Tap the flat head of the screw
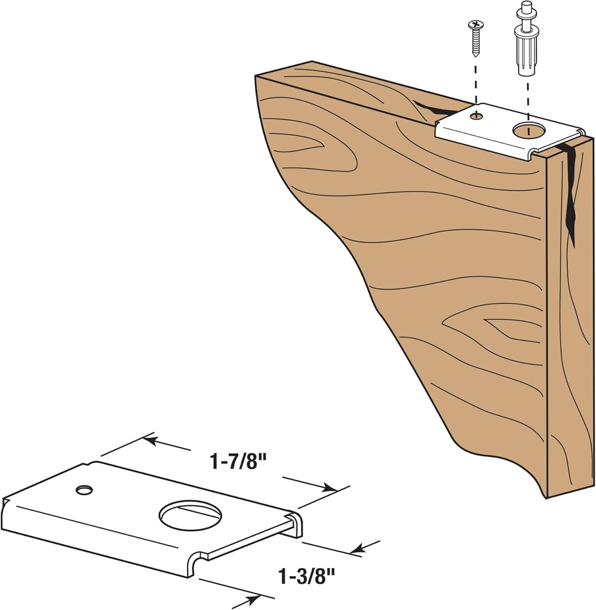(x=476, y=24)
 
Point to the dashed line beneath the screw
(x=476, y=83)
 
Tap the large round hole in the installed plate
(x=528, y=130)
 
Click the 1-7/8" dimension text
(x=236, y=462)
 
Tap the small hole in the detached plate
(x=84, y=490)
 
